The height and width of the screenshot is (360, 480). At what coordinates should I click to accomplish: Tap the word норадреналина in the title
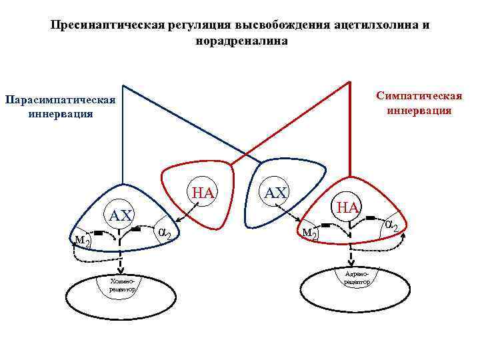(x=241, y=41)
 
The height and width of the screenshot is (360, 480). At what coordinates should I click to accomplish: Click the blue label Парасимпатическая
(x=60, y=100)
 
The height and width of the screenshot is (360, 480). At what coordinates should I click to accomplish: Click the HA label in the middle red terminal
(x=203, y=193)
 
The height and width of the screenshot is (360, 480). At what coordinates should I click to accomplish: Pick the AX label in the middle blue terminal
(x=275, y=193)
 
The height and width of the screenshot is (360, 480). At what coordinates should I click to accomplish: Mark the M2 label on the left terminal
(x=83, y=240)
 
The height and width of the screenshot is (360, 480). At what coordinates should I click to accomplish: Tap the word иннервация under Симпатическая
(x=419, y=110)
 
